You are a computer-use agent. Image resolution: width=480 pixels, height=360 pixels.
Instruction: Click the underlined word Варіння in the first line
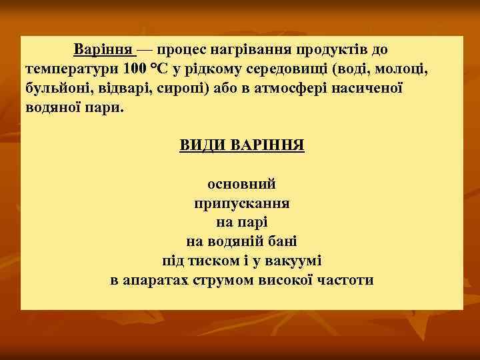(103, 50)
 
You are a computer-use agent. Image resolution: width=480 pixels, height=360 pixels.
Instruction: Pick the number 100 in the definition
(135, 69)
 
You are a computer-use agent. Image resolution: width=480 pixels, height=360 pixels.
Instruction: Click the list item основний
(241, 183)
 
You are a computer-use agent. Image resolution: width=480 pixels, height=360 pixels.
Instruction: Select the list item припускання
(241, 203)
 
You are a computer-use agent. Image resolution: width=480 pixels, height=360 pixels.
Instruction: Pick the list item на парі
(241, 222)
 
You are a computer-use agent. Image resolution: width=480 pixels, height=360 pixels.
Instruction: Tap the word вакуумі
(295, 261)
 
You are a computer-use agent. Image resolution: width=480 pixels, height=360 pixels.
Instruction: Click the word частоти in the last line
(344, 280)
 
